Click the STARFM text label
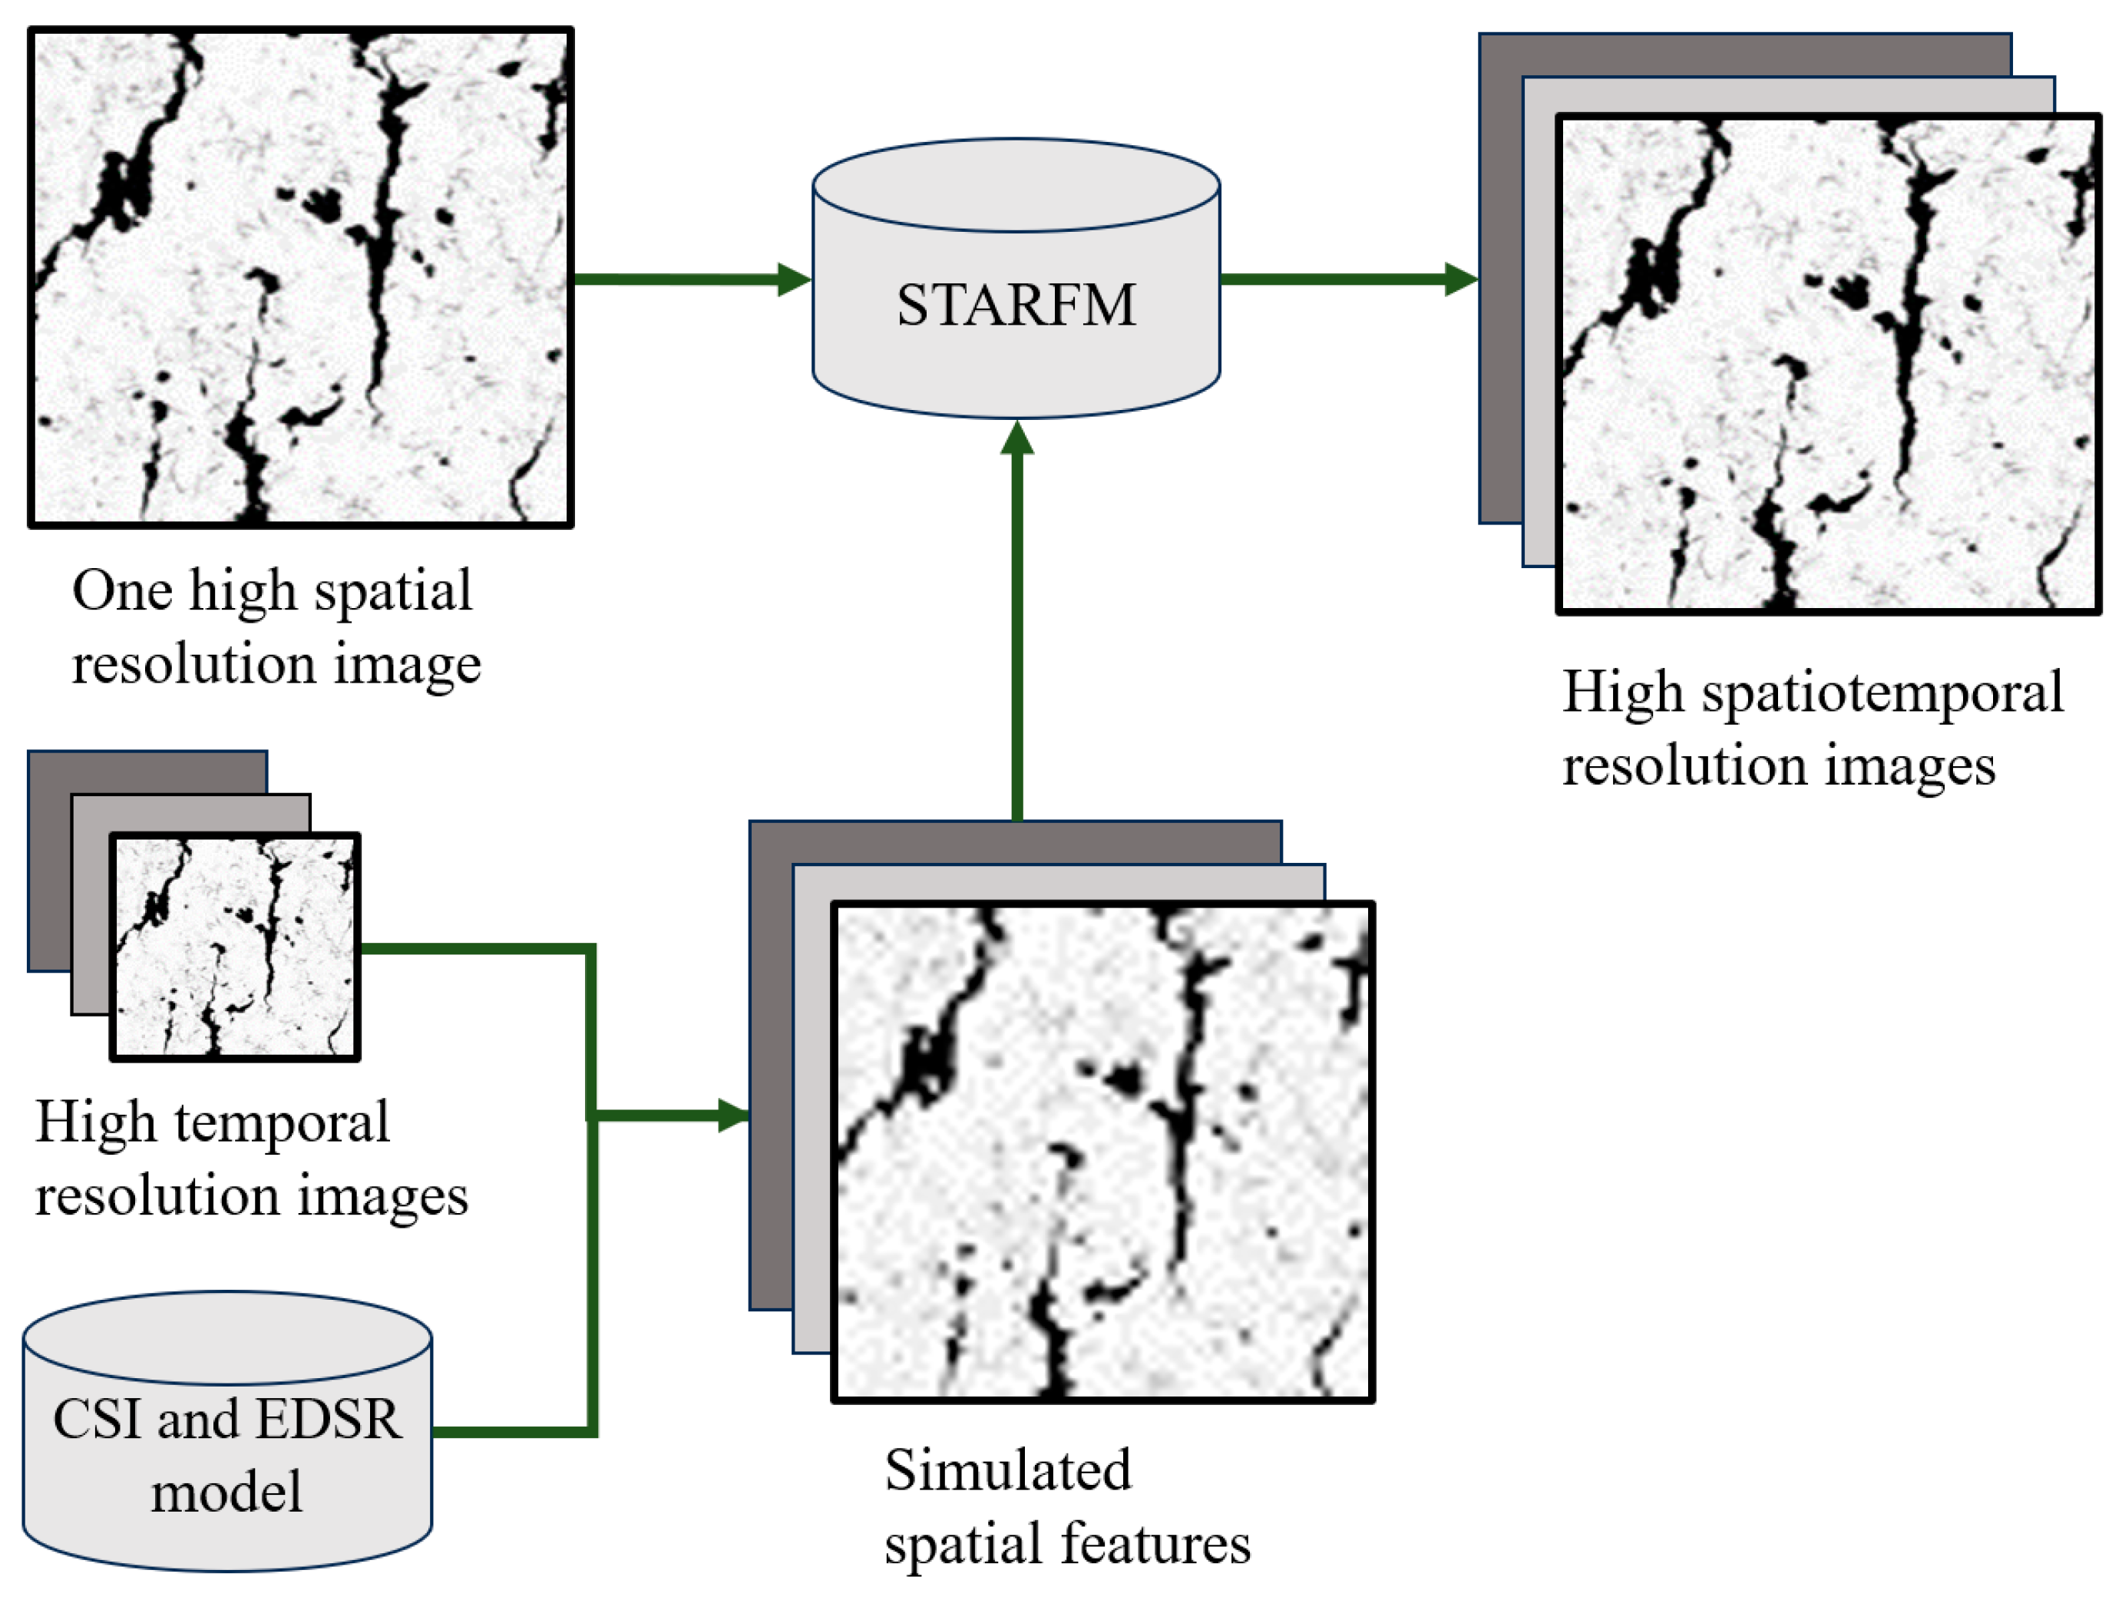(1016, 306)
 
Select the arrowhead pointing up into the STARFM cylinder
(1017, 438)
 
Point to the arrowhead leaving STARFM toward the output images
(1461, 279)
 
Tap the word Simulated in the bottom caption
(1007, 1469)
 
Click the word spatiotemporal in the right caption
(1882, 693)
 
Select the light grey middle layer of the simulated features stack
(811, 1103)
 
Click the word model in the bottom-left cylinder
(226, 1493)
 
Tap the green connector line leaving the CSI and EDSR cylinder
(514, 1432)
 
